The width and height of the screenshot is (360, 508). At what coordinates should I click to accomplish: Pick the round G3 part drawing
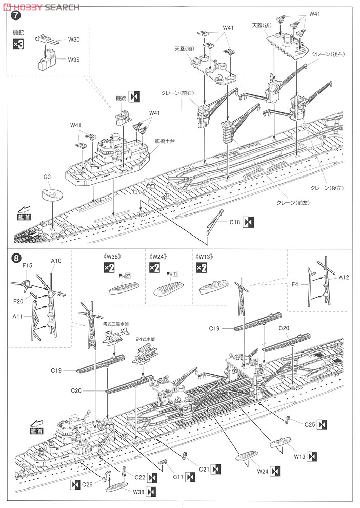[x=51, y=195]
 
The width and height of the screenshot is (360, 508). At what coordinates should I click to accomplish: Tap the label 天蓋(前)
[x=185, y=48]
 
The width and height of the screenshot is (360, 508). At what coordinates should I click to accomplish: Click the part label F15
[x=27, y=265]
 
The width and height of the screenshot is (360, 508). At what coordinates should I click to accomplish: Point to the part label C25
[x=309, y=424]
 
